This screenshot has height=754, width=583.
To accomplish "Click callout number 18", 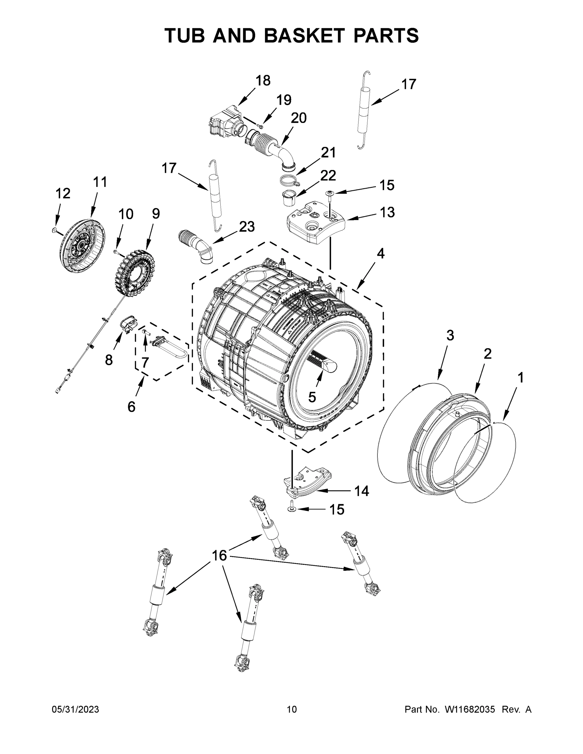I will click(263, 81).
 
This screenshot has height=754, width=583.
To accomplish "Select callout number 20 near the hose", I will click(298, 118).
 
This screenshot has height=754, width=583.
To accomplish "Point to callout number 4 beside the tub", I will click(380, 254).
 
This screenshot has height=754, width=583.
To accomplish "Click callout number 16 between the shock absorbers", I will click(219, 556).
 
